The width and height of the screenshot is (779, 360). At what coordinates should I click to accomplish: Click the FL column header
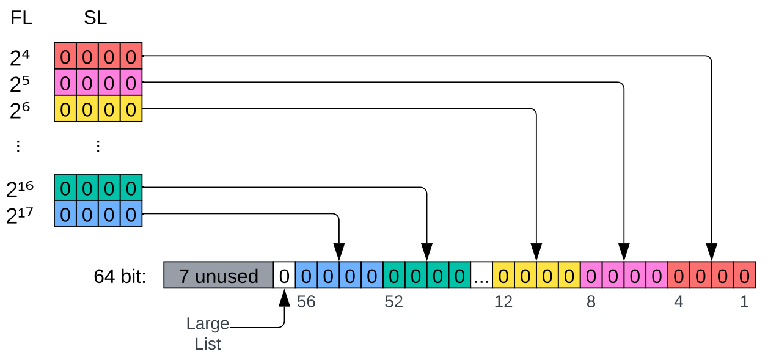[21, 18]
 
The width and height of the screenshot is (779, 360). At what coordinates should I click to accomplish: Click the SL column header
[95, 18]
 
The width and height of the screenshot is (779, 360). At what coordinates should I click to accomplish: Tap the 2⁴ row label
[20, 58]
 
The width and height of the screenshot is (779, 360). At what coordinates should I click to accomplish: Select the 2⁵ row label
[20, 84]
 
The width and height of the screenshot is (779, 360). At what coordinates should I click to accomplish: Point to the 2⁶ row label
[20, 111]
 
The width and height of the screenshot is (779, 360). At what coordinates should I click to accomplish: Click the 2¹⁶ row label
[20, 189]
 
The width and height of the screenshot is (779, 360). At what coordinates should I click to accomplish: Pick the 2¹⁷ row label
[20, 216]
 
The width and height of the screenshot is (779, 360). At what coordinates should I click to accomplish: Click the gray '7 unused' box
[218, 276]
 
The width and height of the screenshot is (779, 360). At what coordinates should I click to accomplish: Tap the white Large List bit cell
[284, 276]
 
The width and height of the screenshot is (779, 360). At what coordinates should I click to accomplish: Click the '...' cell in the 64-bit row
[481, 276]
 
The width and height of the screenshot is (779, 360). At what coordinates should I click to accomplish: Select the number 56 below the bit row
[306, 302]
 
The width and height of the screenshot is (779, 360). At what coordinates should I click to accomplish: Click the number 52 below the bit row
[393, 302]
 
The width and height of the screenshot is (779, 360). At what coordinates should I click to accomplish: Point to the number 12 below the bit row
[503, 302]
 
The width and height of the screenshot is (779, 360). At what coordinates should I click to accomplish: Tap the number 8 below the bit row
[591, 302]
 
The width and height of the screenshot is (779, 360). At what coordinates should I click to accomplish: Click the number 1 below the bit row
[744, 302]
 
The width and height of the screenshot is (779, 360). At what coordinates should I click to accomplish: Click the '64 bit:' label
[120, 276]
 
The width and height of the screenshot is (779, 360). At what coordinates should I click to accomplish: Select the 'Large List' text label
[208, 334]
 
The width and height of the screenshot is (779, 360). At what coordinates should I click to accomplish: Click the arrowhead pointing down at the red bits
[711, 252]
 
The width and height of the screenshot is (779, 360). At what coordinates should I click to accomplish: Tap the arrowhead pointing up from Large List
[284, 298]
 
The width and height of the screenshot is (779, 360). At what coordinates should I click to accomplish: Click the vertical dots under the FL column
[18, 146]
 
